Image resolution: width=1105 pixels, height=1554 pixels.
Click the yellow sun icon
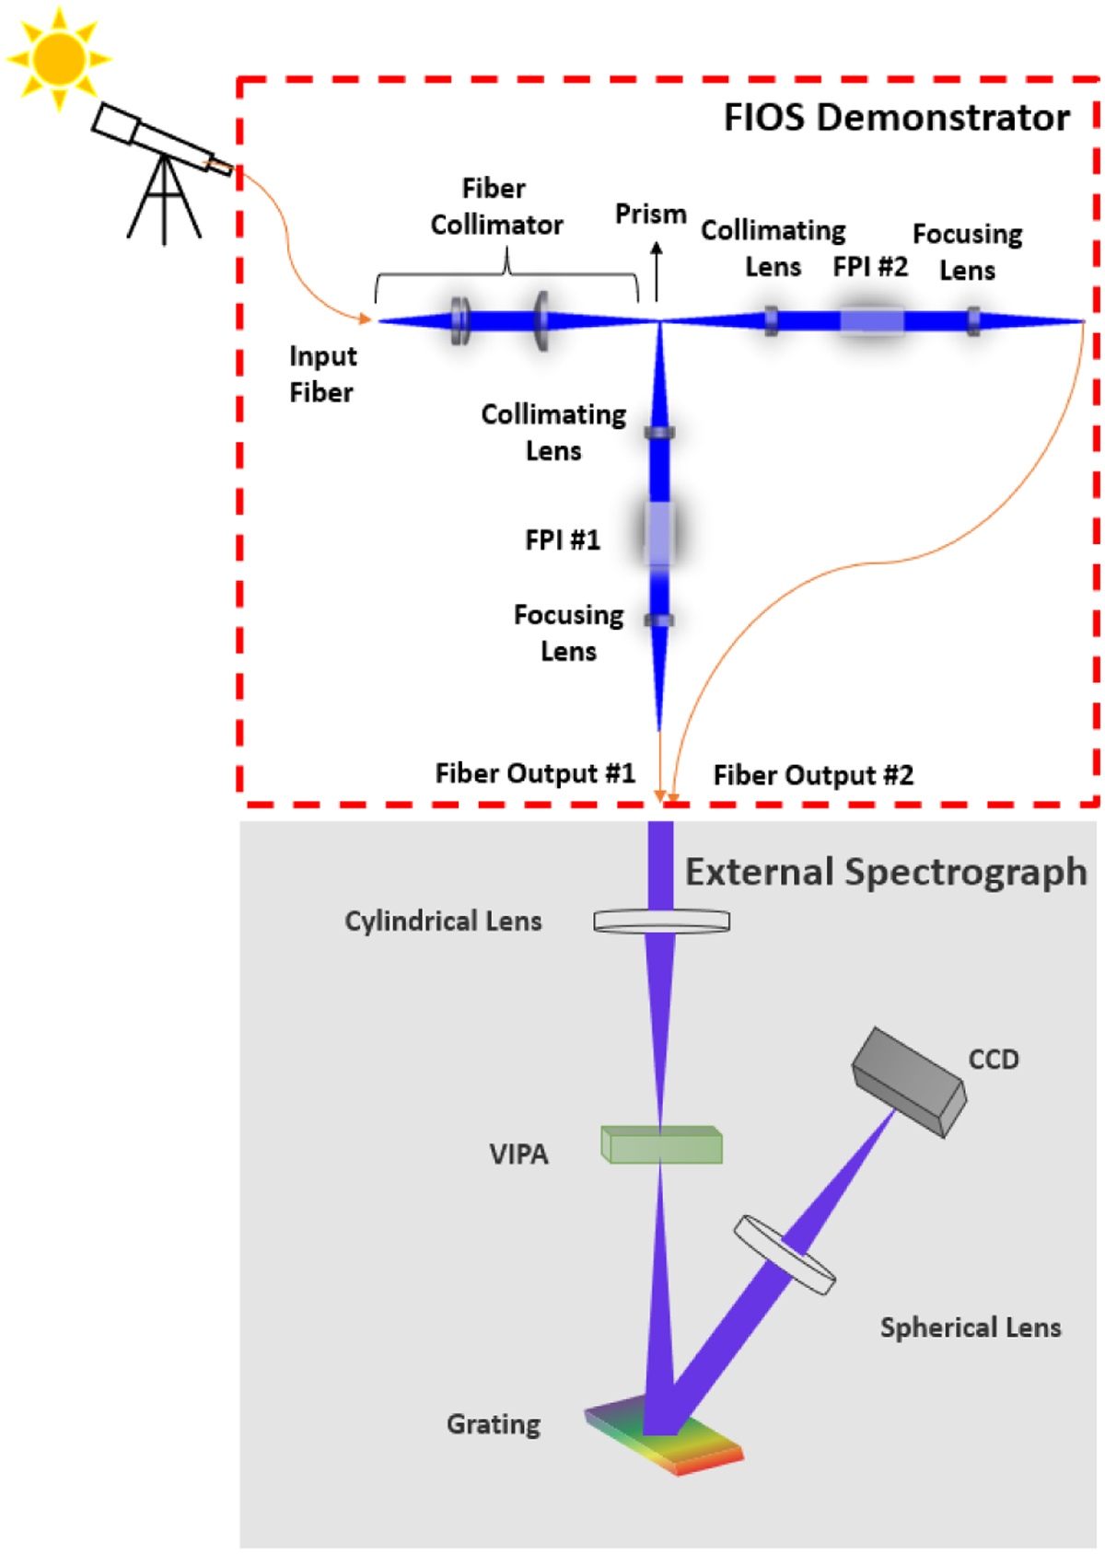click(x=59, y=59)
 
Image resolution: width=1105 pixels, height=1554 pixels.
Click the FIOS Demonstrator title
click(x=896, y=118)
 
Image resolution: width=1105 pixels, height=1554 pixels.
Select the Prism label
click(x=650, y=214)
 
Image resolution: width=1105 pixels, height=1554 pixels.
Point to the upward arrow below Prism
click(x=656, y=271)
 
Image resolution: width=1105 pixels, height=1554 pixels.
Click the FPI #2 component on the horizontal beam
click(x=871, y=320)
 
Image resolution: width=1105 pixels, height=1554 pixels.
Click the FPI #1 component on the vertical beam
click(x=659, y=533)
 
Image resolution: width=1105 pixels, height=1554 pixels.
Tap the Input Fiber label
click(x=321, y=374)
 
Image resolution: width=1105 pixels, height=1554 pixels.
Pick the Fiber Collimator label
click(x=496, y=206)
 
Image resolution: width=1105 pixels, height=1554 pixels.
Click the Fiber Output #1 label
click(x=535, y=773)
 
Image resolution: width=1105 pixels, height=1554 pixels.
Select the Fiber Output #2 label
click(x=813, y=775)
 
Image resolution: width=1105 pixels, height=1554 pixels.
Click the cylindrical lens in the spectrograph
click(x=661, y=921)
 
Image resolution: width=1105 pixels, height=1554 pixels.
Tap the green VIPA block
click(x=661, y=1144)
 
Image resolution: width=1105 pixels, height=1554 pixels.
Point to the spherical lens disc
click(x=785, y=1254)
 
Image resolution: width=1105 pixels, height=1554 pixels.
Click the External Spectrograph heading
click(x=886, y=872)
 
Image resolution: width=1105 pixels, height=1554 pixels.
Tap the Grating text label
click(x=494, y=1424)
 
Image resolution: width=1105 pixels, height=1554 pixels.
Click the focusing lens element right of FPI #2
click(x=973, y=321)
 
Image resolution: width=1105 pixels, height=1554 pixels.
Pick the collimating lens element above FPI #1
click(x=659, y=433)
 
